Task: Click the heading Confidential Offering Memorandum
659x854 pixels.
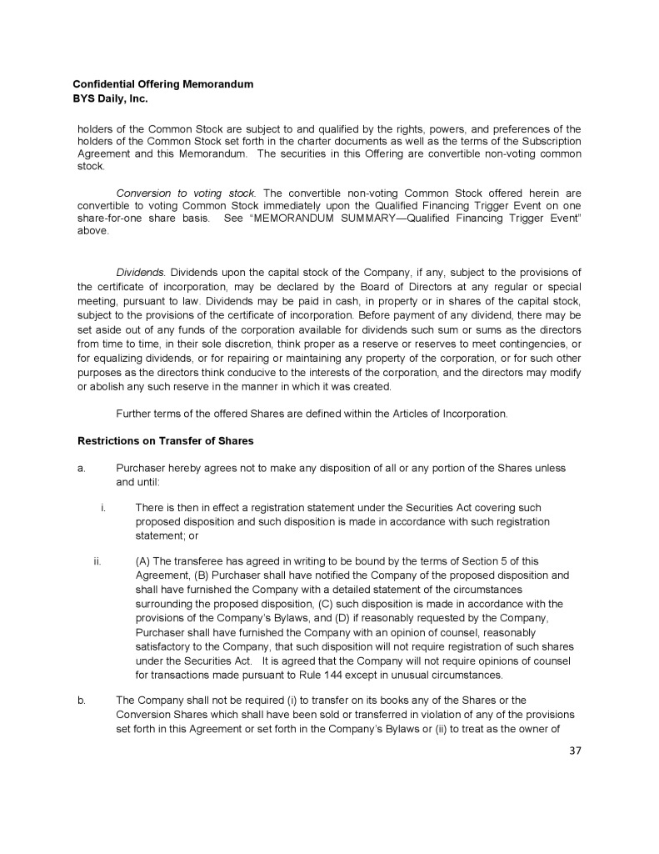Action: [162, 84]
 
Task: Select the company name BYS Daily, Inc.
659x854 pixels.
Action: [110, 98]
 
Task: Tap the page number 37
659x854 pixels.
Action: [574, 751]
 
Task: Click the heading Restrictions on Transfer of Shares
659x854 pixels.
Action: [166, 440]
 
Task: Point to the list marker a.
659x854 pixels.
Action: [82, 468]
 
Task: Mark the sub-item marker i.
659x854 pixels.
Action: [102, 507]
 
